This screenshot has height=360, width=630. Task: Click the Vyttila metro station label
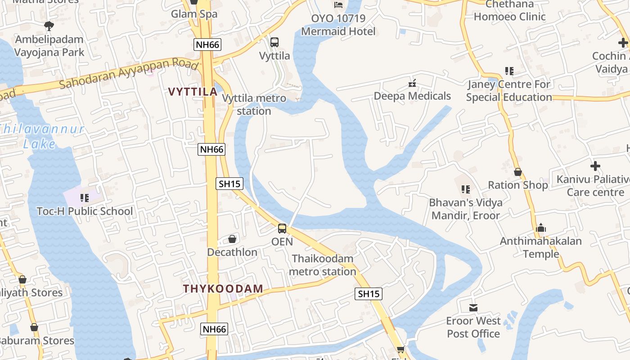point(254,104)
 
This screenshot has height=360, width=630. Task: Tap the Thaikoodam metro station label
point(322,265)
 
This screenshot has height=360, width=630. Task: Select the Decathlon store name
point(232,252)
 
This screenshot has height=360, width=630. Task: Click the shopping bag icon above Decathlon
point(232,238)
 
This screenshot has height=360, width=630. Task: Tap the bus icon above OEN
point(282,228)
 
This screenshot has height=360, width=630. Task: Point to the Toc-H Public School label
point(85,211)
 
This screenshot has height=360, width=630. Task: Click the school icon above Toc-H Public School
point(84,198)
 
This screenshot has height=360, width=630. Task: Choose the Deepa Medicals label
point(412,96)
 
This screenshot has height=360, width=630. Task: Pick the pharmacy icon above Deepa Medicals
point(412,83)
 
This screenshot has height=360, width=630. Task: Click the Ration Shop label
point(518,185)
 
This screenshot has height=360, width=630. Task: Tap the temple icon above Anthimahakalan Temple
point(541,228)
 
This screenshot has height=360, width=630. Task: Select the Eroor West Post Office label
point(473,327)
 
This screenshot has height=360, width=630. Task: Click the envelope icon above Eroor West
point(473,308)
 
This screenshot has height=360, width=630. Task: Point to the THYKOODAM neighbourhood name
point(223,288)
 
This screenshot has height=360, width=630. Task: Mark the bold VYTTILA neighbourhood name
point(193,92)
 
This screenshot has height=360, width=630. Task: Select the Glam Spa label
point(194,14)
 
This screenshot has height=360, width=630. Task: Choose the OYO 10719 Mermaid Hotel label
point(338,25)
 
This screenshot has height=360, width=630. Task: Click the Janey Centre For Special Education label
point(509,90)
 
